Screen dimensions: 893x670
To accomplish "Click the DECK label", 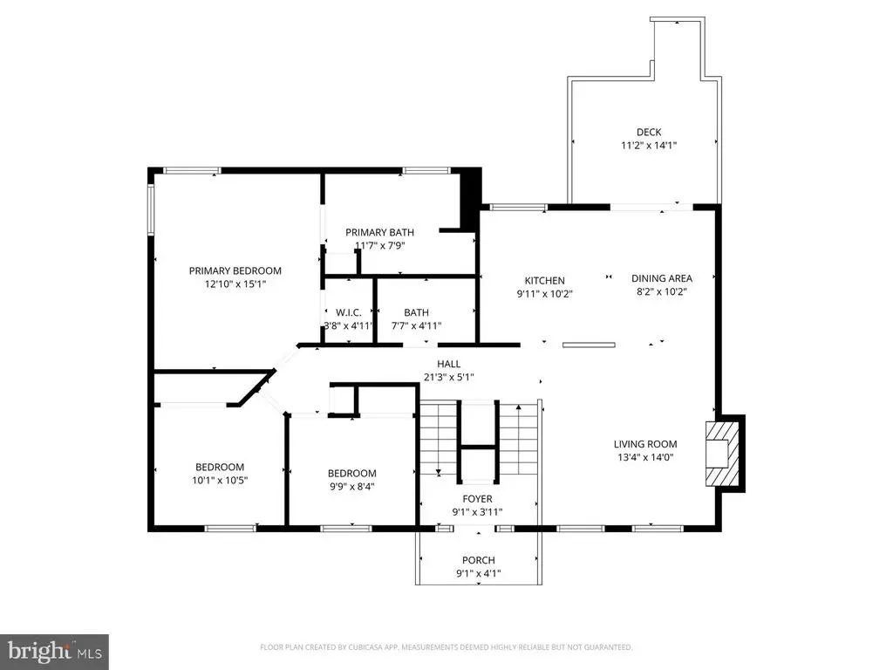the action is (x=649, y=133).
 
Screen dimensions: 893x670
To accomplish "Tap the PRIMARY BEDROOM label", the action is (x=235, y=271).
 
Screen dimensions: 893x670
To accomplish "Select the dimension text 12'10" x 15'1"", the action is (x=235, y=284).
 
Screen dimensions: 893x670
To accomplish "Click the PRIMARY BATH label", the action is (x=380, y=232).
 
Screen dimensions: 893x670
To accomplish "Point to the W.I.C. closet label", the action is (x=349, y=313).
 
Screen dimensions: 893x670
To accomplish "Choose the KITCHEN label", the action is (x=545, y=281).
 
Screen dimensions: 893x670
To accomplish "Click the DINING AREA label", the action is (x=662, y=278).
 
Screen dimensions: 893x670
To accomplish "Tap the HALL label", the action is (x=449, y=364).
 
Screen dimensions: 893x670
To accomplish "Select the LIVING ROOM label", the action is (x=645, y=444).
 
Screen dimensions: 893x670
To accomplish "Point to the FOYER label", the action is (x=477, y=499).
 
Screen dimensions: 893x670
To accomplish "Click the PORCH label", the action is (x=479, y=561).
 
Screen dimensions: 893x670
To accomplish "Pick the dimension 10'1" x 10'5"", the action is (x=220, y=481).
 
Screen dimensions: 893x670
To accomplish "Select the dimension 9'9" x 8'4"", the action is (x=352, y=487).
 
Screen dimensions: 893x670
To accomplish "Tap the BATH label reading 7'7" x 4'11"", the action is (x=416, y=313).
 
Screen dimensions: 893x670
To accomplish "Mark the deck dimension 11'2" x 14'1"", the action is (x=649, y=146).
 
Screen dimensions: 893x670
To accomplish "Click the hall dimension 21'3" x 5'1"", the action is (x=449, y=377).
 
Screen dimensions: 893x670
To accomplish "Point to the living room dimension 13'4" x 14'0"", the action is (x=645, y=457).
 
